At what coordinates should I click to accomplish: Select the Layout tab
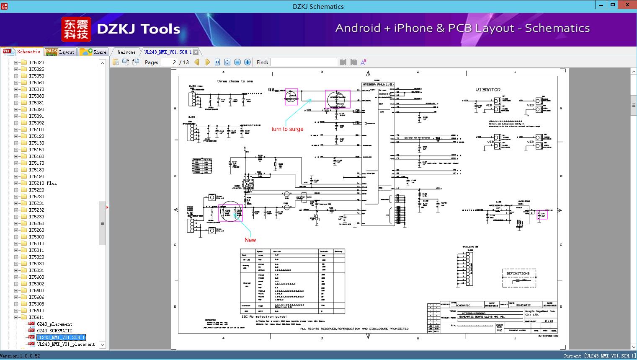click(x=60, y=52)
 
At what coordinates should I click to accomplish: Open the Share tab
click(x=94, y=52)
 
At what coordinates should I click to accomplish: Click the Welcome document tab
click(x=126, y=52)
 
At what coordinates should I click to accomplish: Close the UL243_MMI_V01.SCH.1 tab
click(x=196, y=52)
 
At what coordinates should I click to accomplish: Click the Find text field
click(x=304, y=62)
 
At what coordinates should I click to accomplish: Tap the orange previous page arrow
click(x=197, y=62)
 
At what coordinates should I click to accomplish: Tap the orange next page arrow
click(x=207, y=62)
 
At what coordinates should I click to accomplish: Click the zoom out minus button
click(x=237, y=62)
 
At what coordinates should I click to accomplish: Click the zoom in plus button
click(x=248, y=62)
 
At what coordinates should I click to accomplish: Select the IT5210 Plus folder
click(x=43, y=183)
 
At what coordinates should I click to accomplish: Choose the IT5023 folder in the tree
click(x=36, y=62)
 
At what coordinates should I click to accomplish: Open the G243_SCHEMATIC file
click(x=54, y=331)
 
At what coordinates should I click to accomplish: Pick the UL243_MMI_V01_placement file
click(x=66, y=344)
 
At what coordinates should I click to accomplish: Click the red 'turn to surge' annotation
click(x=287, y=129)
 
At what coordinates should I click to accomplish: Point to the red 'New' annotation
click(x=250, y=240)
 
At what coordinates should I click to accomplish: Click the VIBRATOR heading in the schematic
click(x=488, y=90)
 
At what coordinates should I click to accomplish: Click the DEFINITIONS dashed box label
click(x=518, y=273)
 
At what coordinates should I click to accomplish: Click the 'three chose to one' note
click(x=235, y=81)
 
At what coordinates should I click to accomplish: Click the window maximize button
click(x=613, y=5)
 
